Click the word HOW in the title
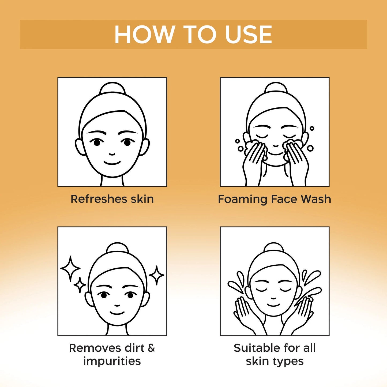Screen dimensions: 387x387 (x=143, y=34)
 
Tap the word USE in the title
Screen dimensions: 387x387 (x=249, y=34)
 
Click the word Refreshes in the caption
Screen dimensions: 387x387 (x=99, y=199)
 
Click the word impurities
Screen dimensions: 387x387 (x=112, y=361)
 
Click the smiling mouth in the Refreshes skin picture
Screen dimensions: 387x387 (x=112, y=162)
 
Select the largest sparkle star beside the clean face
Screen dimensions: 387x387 (x=70, y=269)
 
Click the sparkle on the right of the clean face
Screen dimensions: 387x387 (x=156, y=275)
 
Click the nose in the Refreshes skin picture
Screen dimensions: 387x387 (x=112, y=154)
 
